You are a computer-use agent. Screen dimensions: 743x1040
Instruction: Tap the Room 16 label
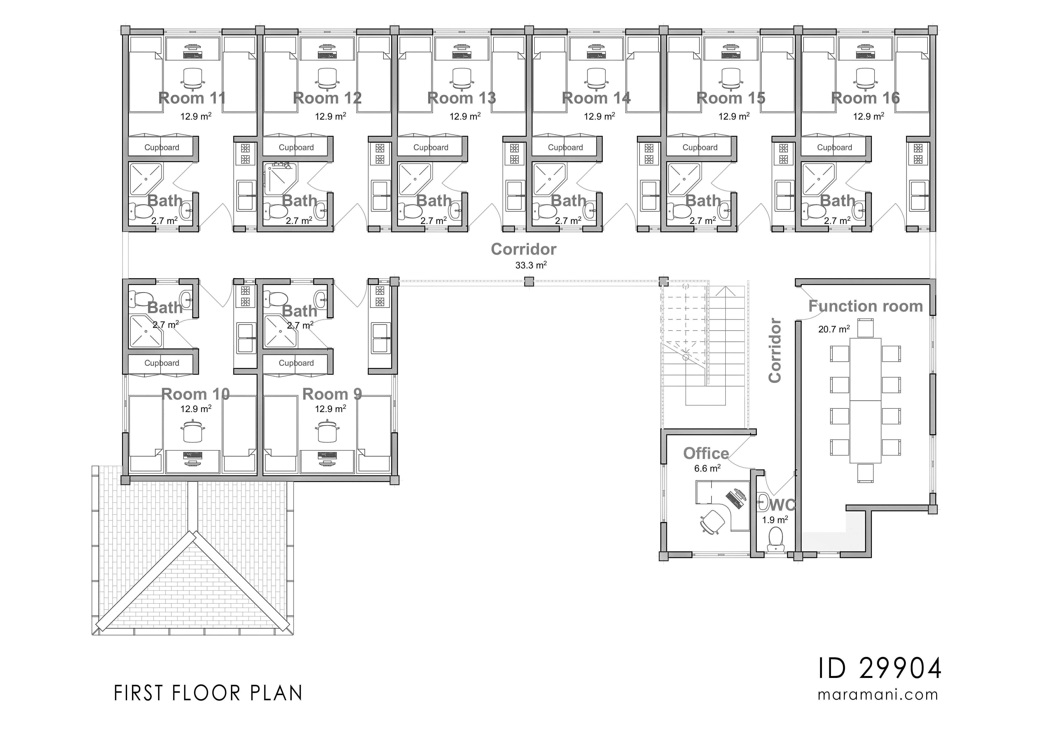coord(865,98)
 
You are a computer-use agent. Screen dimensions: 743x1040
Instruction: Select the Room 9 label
coord(332,394)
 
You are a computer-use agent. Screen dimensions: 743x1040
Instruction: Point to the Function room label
coord(865,306)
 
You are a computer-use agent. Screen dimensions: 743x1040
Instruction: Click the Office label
coord(706,453)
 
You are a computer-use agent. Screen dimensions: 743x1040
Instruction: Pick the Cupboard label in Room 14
coord(565,147)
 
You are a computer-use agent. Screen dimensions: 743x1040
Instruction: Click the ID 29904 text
coord(879,668)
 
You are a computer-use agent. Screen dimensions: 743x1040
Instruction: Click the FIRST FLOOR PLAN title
coord(208,693)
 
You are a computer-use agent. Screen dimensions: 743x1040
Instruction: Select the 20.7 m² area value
coord(834,329)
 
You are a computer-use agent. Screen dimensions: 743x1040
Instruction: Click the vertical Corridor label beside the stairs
coord(775,350)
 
